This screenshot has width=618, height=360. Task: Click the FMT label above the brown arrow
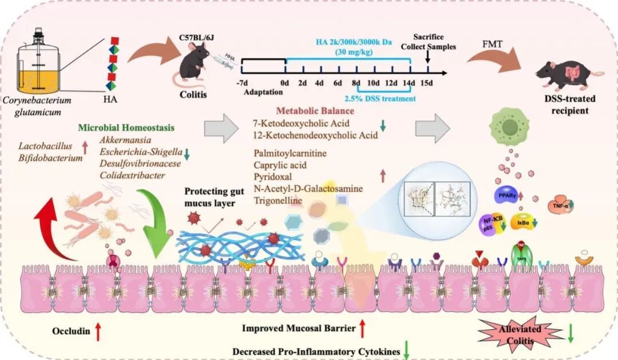(x=490, y=43)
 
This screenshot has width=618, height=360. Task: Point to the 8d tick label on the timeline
(x=356, y=83)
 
